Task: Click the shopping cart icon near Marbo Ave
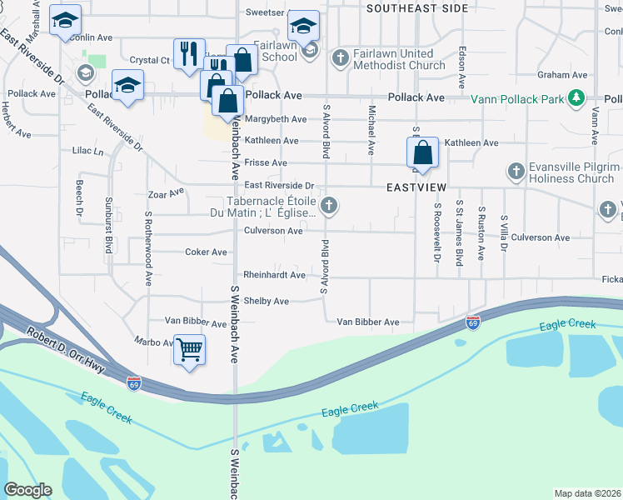coord(190,348)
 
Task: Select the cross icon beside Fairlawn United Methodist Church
coord(339,58)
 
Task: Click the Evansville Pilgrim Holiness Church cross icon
coord(516,172)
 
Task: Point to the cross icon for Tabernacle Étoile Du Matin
coord(330,205)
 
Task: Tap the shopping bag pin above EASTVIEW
coord(422,153)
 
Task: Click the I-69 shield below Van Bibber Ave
coord(472,322)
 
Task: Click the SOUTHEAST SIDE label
coord(416,7)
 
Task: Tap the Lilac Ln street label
coord(87,152)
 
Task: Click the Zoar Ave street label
coord(166,193)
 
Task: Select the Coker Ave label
coord(206,252)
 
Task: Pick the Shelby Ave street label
coord(267,301)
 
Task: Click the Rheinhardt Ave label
coord(274,275)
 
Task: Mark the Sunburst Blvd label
coord(108,232)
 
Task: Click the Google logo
coord(27,490)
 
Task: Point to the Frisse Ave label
coord(266,162)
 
